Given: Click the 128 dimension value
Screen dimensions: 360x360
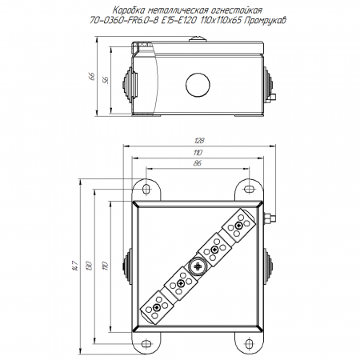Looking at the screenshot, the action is (199, 141).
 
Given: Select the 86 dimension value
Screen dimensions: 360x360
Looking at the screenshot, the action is (197, 163).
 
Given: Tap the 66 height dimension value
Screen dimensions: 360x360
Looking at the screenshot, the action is (92, 76).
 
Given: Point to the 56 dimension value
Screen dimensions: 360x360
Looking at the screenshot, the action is (106, 80).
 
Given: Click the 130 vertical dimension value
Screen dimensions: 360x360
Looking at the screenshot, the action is (90, 266).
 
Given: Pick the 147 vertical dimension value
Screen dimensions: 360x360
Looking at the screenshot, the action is (75, 266).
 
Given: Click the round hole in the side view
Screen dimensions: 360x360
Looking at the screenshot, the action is (198, 85).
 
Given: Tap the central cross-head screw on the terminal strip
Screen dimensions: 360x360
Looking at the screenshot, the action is (198, 266).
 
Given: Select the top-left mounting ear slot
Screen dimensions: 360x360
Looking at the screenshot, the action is (146, 189).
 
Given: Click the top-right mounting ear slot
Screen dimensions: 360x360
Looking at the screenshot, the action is (249, 189).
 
